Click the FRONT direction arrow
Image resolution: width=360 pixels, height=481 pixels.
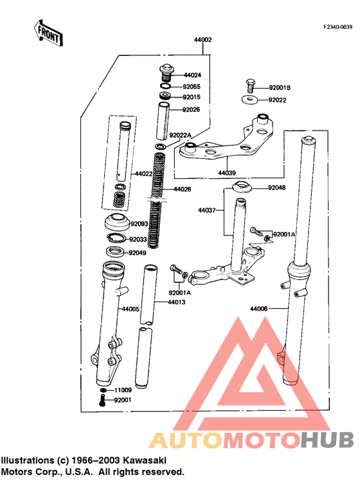(x=48, y=33)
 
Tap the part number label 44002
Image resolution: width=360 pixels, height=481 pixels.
(x=203, y=40)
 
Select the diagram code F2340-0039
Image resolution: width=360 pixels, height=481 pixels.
(x=338, y=27)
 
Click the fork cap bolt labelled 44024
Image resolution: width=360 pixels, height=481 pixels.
(x=166, y=73)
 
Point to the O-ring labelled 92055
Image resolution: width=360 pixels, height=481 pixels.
(x=166, y=86)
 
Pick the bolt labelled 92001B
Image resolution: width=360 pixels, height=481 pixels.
(x=250, y=86)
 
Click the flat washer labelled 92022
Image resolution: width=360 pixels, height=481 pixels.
(x=250, y=100)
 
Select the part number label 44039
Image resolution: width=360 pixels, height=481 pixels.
(x=227, y=173)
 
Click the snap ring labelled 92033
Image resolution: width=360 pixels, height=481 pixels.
(x=116, y=238)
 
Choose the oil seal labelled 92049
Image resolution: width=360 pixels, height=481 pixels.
(x=115, y=252)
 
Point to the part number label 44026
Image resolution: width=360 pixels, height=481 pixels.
(x=182, y=189)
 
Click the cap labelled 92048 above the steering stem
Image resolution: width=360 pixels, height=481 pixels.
(x=242, y=187)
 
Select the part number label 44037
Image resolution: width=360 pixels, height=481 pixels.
(x=207, y=210)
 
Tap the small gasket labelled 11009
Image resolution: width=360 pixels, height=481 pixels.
(x=104, y=390)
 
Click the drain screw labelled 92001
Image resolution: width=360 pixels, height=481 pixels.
(x=103, y=400)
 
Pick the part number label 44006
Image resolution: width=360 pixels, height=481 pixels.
(x=259, y=309)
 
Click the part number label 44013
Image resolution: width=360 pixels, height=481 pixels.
(x=177, y=302)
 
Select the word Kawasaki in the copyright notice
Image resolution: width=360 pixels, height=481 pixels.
(x=145, y=460)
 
